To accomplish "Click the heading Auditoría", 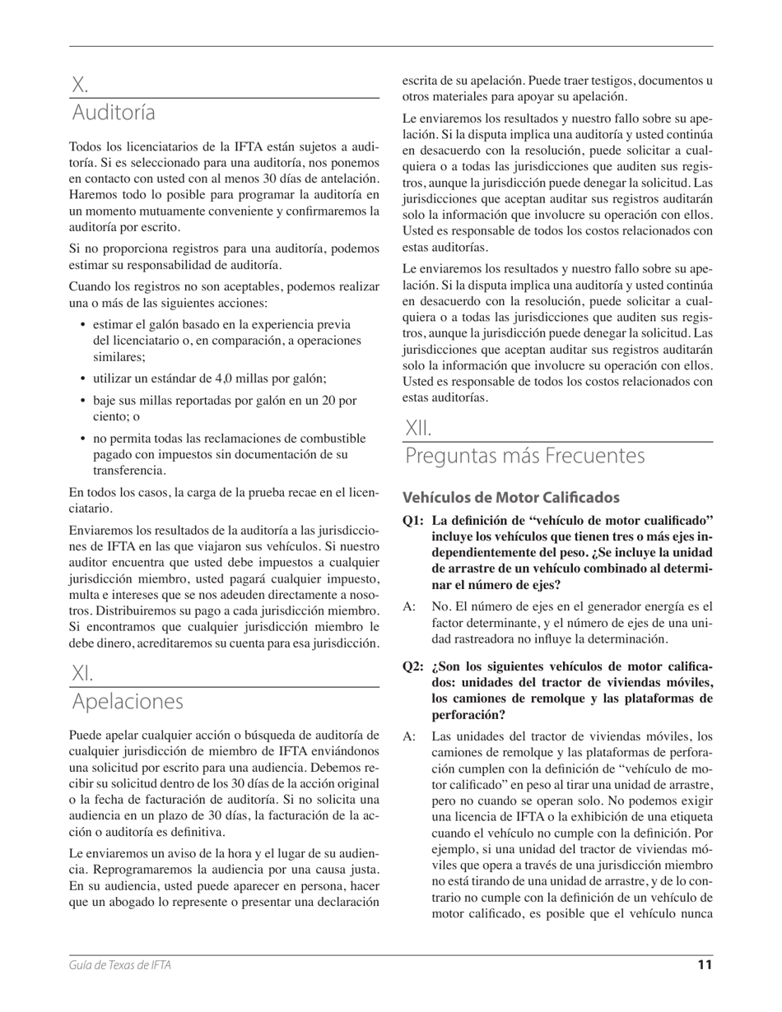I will pyautogui.click(x=114, y=112).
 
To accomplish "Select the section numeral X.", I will pyautogui.click(x=79, y=85).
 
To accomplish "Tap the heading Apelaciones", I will pyautogui.click(x=128, y=702).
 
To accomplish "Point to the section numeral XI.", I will pyautogui.click(x=82, y=674).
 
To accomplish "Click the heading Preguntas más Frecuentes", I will pyautogui.click(x=524, y=456).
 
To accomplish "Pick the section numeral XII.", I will pyautogui.click(x=418, y=429).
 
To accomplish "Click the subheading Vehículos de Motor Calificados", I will pyautogui.click(x=510, y=498).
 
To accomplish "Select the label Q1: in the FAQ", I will pyautogui.click(x=414, y=520).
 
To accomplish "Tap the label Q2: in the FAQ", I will pyautogui.click(x=414, y=666).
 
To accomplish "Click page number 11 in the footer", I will pyautogui.click(x=705, y=965).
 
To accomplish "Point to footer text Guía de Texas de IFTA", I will pyautogui.click(x=120, y=965).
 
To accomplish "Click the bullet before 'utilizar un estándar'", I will pyautogui.click(x=83, y=379).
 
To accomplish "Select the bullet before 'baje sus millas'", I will pyautogui.click(x=83, y=401).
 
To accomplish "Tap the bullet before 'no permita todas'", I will pyautogui.click(x=83, y=439).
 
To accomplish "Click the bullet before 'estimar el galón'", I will pyautogui.click(x=83, y=325).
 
